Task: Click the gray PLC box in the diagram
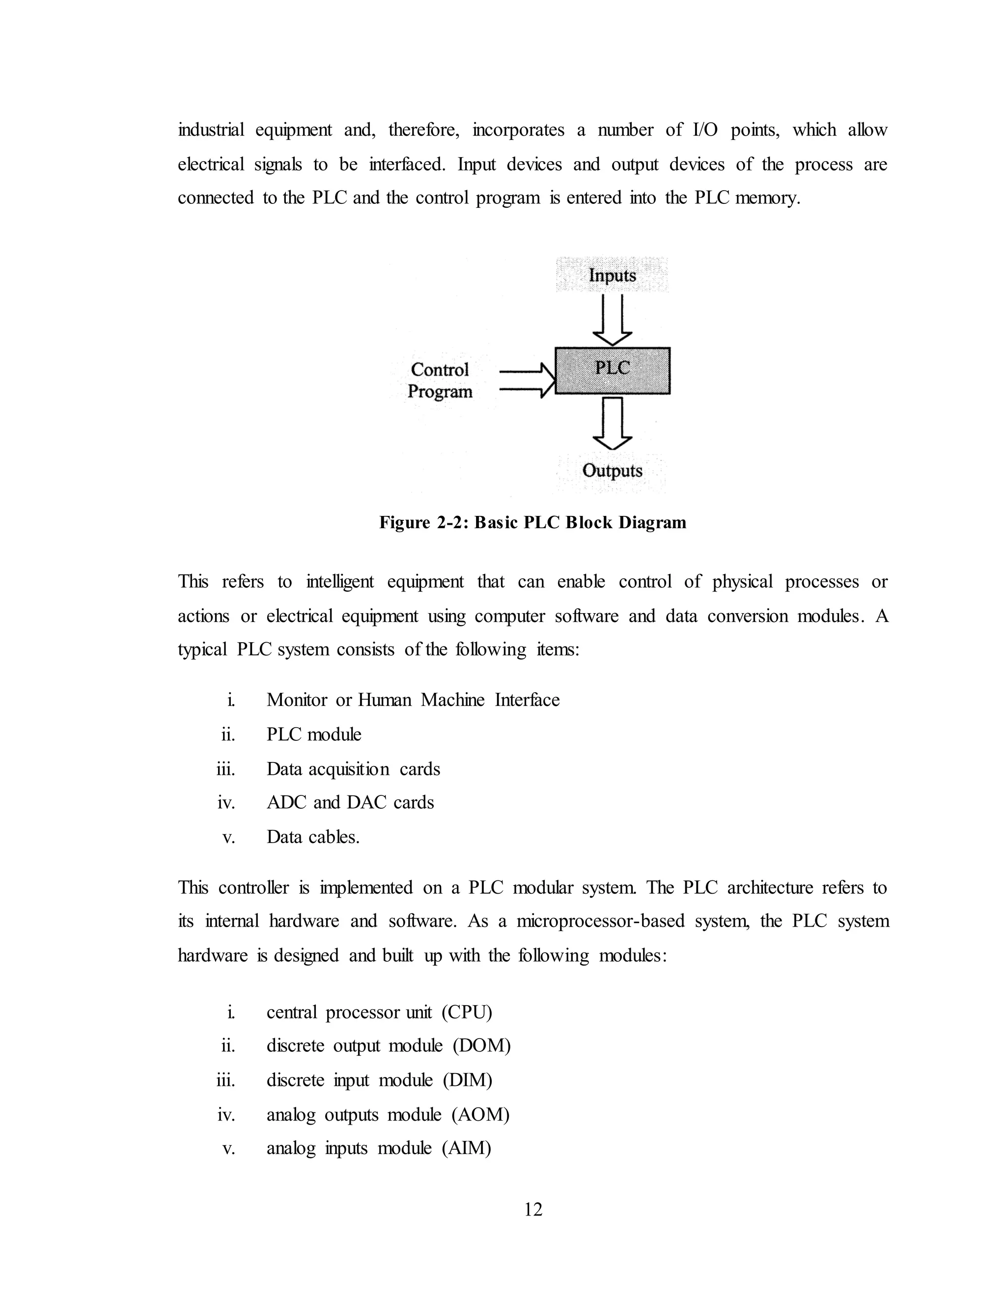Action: click(612, 371)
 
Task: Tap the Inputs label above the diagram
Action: click(612, 276)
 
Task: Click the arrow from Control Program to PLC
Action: click(528, 381)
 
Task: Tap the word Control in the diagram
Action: click(440, 369)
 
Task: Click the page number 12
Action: click(533, 1209)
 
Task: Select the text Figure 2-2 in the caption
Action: click(424, 523)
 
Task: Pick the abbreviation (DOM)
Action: click(481, 1046)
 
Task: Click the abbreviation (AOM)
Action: click(480, 1114)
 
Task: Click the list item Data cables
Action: click(313, 837)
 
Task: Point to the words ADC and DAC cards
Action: click(350, 802)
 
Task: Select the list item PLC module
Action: click(313, 734)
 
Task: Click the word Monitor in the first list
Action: click(296, 699)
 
